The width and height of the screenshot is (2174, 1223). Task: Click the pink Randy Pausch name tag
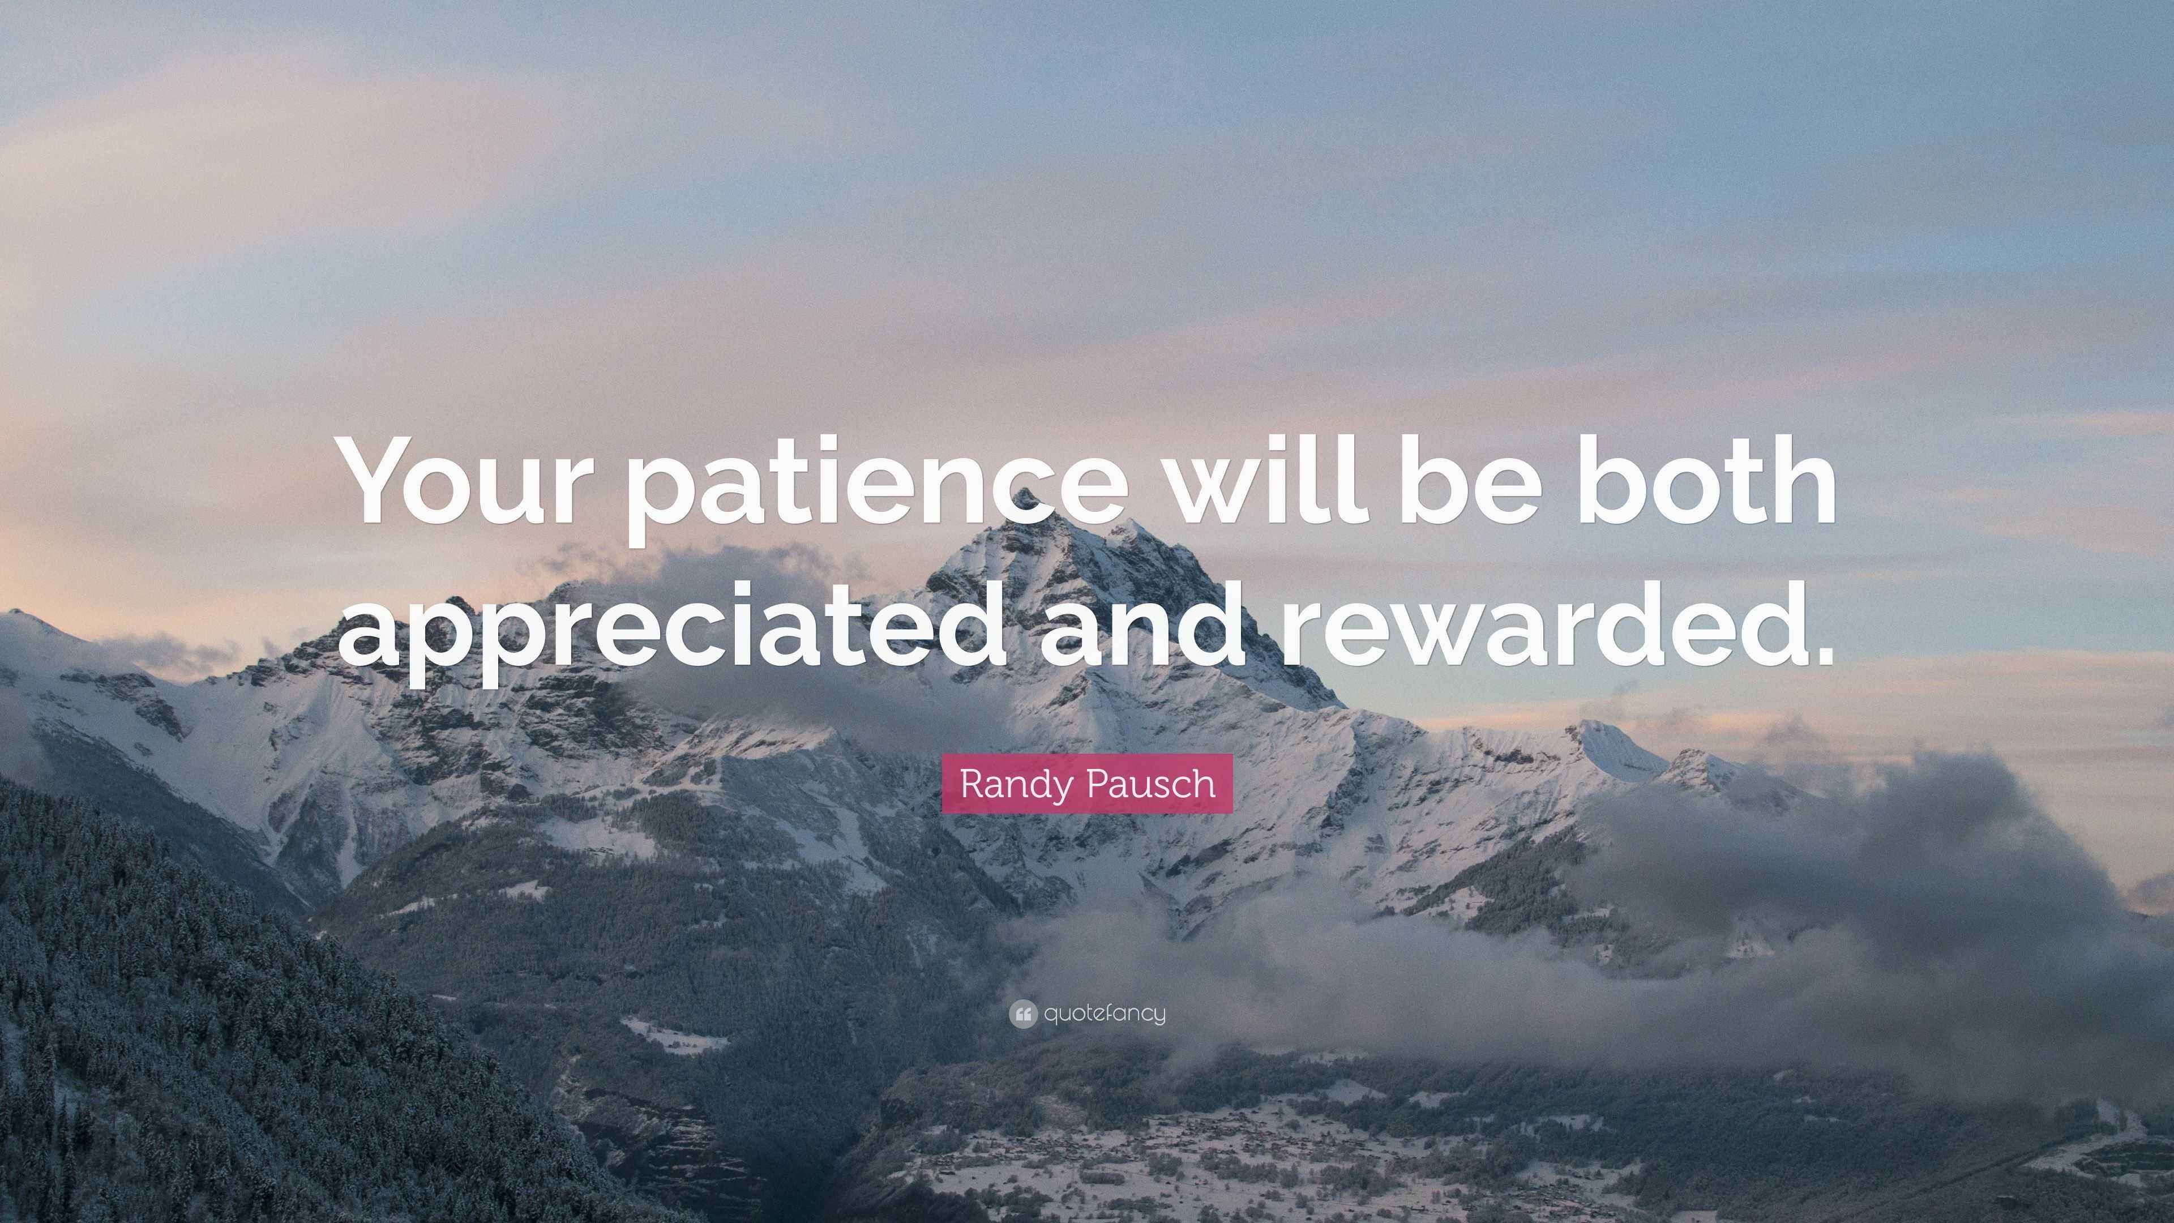(x=1087, y=784)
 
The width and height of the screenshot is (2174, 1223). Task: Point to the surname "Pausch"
(x=1150, y=784)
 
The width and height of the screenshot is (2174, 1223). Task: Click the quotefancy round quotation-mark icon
(x=1023, y=1014)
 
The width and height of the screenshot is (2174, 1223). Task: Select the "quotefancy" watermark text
(x=1105, y=1013)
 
